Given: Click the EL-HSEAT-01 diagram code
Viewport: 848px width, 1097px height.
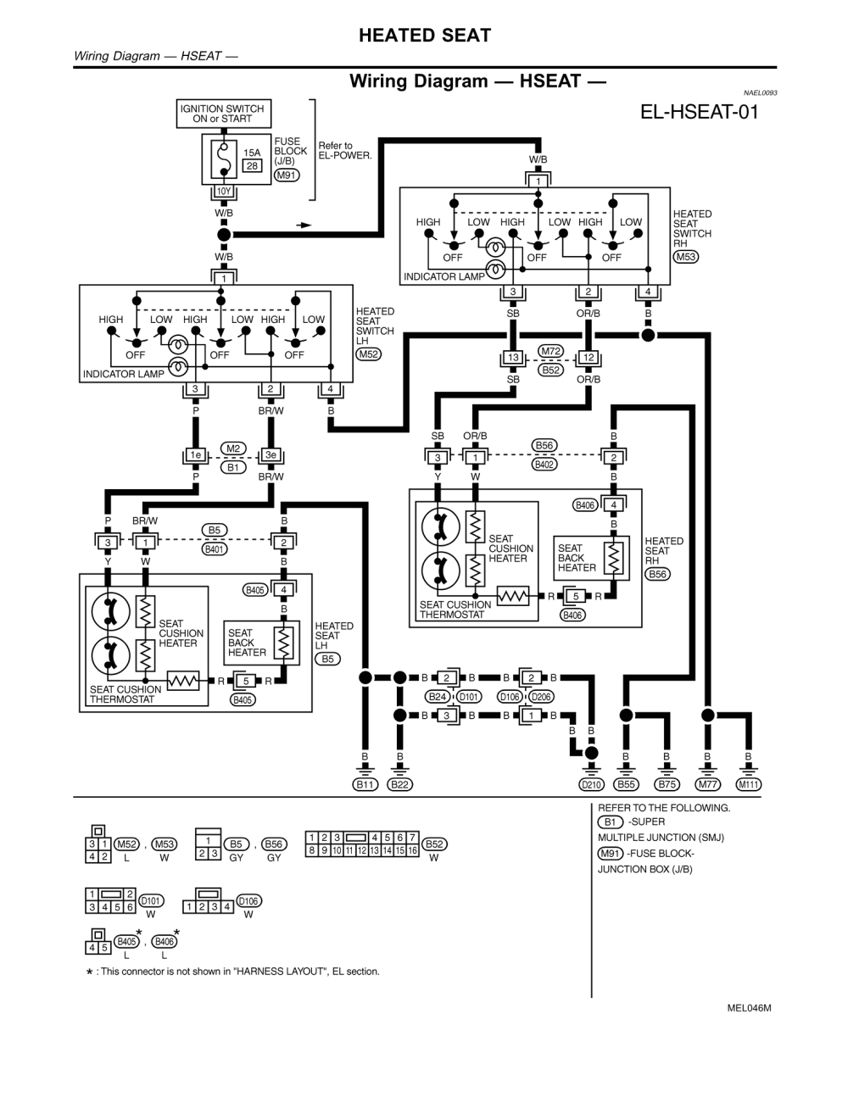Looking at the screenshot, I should pyautogui.click(x=700, y=112).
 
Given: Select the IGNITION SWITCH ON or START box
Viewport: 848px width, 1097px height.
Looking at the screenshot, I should pyautogui.click(x=222, y=114).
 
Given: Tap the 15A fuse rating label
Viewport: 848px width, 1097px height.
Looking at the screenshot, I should pyautogui.click(x=252, y=153).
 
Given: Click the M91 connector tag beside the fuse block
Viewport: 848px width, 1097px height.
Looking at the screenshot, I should pyautogui.click(x=287, y=175).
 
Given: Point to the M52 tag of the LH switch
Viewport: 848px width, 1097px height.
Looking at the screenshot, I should pyautogui.click(x=368, y=354).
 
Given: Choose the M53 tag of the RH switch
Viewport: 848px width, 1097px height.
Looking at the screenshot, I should pyautogui.click(x=685, y=257).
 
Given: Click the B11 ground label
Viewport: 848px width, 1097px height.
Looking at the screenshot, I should pyautogui.click(x=365, y=784).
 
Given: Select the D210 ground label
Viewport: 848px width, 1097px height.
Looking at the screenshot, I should pyautogui.click(x=591, y=784).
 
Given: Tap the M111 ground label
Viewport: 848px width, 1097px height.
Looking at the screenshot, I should pyautogui.click(x=748, y=784).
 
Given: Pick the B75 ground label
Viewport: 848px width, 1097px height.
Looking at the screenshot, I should pyautogui.click(x=667, y=784).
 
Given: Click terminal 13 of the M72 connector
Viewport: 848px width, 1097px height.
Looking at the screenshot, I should pyautogui.click(x=513, y=358).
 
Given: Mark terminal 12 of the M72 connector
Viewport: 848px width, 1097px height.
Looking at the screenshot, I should pyautogui.click(x=589, y=358).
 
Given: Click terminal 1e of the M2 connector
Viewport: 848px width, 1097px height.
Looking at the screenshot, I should pyautogui.click(x=195, y=455).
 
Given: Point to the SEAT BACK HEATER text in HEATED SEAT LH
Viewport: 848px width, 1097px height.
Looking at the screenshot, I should pyautogui.click(x=247, y=643).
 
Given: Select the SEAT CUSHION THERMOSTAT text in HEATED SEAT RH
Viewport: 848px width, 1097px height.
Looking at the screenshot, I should pyautogui.click(x=455, y=610).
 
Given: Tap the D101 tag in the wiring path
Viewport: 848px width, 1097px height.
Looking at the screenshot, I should pyautogui.click(x=468, y=697).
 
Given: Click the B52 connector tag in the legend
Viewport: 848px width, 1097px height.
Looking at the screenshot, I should pyautogui.click(x=434, y=844).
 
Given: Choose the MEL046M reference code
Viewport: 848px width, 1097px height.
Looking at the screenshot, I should pyautogui.click(x=749, y=1008).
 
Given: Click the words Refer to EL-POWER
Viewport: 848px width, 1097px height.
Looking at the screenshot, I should pyautogui.click(x=344, y=151).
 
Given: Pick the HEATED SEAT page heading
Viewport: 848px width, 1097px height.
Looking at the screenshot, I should pyautogui.click(x=424, y=36).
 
